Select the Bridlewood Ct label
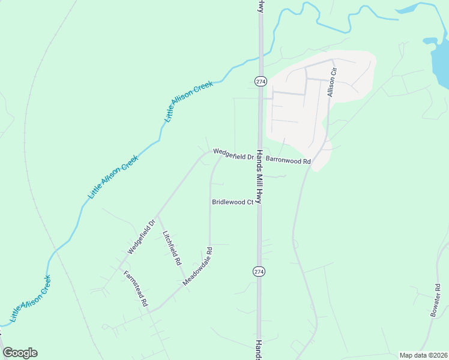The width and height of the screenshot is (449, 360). pos(232,202)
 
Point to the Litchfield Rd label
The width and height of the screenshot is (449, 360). pos(172,248)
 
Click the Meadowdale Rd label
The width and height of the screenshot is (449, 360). pos(198,266)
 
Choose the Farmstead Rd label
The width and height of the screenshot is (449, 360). pos(136,289)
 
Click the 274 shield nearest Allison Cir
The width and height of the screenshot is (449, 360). pos(260,81)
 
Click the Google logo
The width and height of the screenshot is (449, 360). pos(20,353)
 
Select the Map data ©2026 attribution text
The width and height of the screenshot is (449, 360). pos(423,355)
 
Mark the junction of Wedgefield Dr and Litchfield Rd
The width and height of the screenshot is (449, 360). pos(157,216)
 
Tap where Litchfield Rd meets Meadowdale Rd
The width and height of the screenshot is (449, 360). pos(186,286)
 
